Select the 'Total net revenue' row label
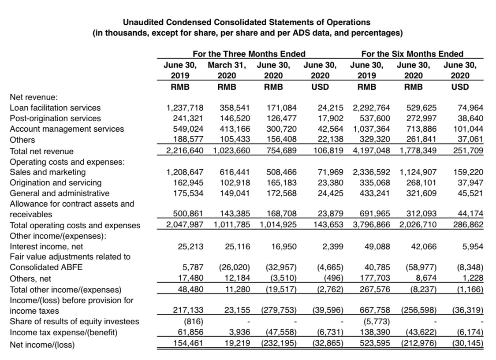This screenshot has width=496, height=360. click(x=42, y=151)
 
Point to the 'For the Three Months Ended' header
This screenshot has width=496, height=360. click(x=249, y=54)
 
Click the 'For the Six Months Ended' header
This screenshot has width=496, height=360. click(x=412, y=54)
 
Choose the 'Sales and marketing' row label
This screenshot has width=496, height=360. click(x=48, y=172)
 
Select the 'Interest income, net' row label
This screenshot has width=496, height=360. click(x=46, y=246)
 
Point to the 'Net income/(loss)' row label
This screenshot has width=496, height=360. click(x=42, y=345)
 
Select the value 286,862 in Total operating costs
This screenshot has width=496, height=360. click(x=469, y=225)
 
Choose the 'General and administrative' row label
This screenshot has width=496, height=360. click(x=60, y=193)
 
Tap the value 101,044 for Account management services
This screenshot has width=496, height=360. click(x=469, y=129)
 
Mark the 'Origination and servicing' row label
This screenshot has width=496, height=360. click(x=55, y=182)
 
